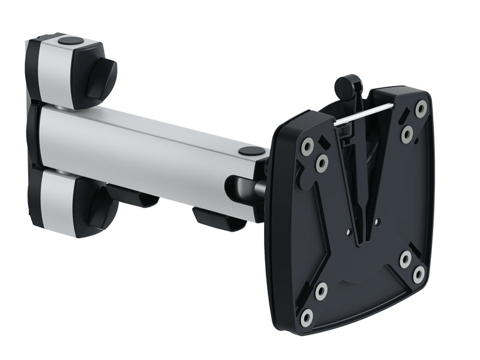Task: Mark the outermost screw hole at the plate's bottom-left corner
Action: click(x=308, y=316)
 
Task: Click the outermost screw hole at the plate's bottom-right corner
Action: click(x=419, y=275)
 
